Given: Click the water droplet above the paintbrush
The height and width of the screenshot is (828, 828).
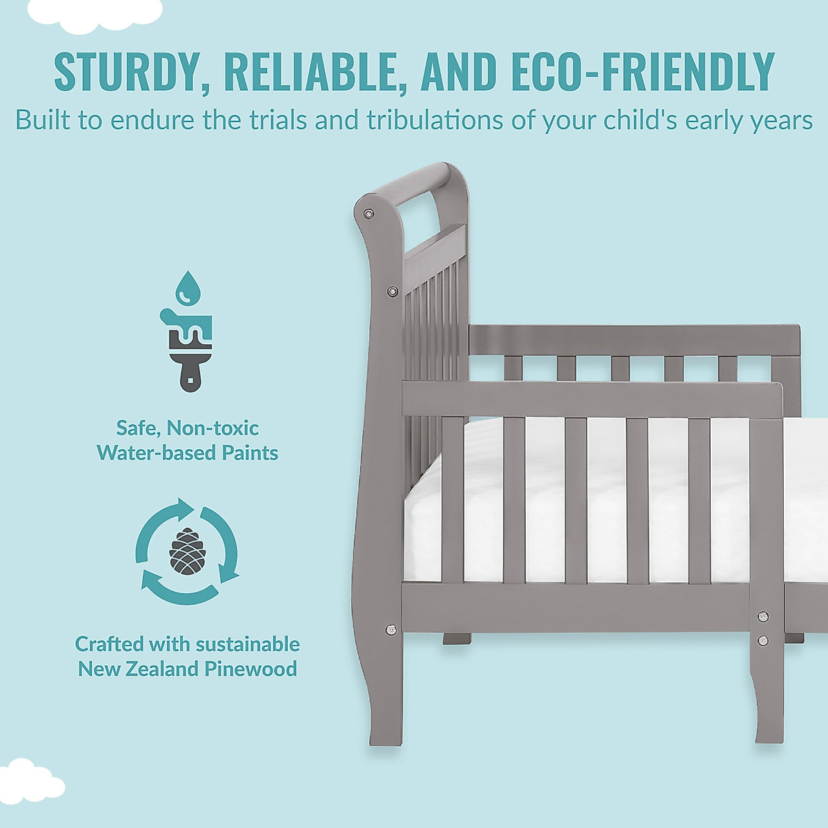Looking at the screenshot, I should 186,287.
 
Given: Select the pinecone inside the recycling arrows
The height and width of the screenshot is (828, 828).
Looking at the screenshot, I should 186,551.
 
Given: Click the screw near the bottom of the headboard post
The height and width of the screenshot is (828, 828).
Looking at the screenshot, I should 392,629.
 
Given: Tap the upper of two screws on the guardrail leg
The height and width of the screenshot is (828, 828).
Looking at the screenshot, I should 762,616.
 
